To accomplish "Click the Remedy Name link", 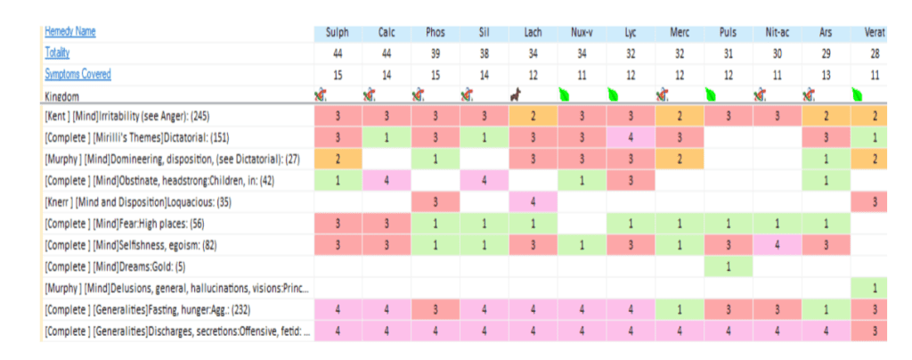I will [x=70, y=32].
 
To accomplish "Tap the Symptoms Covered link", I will [x=78, y=74].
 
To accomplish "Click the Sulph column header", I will [x=338, y=33].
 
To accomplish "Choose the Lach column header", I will [x=533, y=33].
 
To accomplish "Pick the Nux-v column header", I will [x=583, y=33].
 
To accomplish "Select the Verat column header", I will [x=875, y=33].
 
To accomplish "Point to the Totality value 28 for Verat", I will [x=875, y=53].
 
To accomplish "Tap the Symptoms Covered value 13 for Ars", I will [x=826, y=75].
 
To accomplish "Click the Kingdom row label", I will [x=62, y=94].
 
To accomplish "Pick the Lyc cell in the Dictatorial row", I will [x=631, y=137].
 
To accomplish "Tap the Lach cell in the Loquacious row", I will [x=533, y=200].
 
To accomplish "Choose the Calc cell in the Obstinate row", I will [x=387, y=180].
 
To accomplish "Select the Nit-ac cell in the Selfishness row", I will [x=777, y=243].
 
